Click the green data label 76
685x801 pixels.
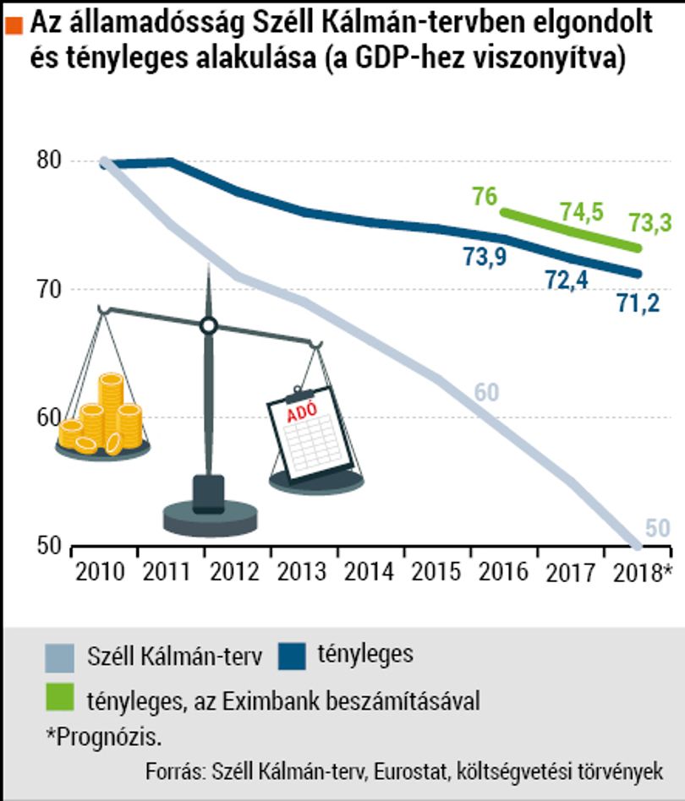[x=485, y=197]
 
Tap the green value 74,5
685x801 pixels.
[x=582, y=212]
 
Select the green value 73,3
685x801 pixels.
[x=650, y=223]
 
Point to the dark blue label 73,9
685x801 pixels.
[x=485, y=257]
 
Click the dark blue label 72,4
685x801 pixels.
[x=567, y=280]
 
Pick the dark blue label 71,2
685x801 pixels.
[x=638, y=303]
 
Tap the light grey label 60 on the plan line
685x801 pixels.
[x=486, y=392]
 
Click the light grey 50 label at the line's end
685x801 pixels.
[x=657, y=528]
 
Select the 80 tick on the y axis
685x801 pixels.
[x=49, y=161]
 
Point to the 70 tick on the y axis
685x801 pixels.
[x=49, y=289]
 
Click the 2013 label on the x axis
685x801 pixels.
[x=302, y=572]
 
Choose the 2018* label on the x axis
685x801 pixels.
[x=642, y=573]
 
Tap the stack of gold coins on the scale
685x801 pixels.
[x=101, y=414]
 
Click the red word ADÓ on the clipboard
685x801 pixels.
[x=302, y=412]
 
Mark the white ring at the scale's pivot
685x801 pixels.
[x=209, y=326]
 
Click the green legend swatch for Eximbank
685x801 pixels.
[x=60, y=696]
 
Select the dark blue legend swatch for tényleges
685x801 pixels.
[x=293, y=656]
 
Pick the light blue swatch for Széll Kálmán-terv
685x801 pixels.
[x=60, y=658]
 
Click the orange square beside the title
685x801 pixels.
[x=14, y=25]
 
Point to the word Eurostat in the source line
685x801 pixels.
[x=410, y=771]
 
